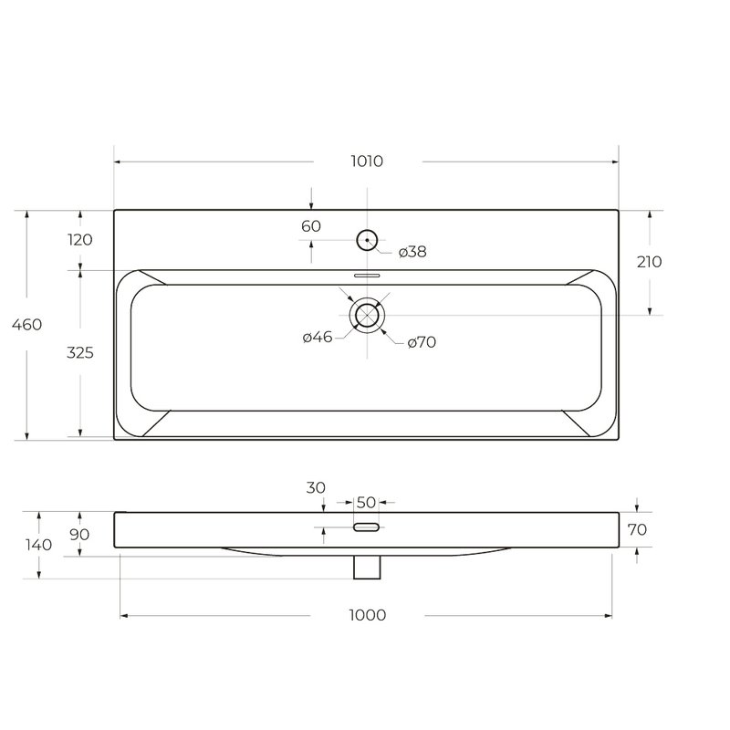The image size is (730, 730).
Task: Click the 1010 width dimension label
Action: click(x=367, y=162)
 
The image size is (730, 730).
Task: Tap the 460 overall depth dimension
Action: click(x=27, y=324)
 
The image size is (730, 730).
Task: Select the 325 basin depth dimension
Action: click(x=80, y=352)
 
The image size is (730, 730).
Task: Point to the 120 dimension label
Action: click(x=80, y=240)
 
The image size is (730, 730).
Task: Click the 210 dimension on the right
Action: click(x=650, y=262)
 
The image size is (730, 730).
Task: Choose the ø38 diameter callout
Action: click(x=412, y=252)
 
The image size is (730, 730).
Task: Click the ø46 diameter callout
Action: click(x=318, y=337)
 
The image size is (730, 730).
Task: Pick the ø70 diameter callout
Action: click(x=422, y=342)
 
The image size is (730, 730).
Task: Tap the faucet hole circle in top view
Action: click(x=367, y=230)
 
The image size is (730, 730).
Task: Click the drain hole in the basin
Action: click(x=367, y=305)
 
